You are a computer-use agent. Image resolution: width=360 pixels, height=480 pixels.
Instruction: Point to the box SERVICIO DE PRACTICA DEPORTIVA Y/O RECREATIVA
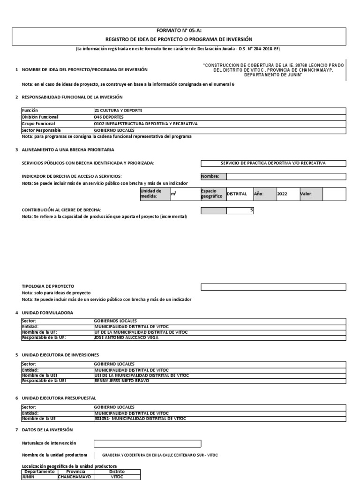click(x=273, y=163)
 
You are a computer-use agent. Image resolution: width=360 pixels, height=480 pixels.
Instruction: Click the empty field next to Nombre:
click(x=286, y=176)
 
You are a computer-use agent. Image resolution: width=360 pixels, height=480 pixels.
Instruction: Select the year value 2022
click(x=282, y=194)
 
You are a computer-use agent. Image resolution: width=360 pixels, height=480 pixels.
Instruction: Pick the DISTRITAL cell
click(x=237, y=194)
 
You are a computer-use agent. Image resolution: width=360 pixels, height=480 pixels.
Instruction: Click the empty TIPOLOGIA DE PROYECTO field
click(x=273, y=287)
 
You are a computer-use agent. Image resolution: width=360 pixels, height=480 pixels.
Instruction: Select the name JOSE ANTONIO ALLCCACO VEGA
click(x=126, y=337)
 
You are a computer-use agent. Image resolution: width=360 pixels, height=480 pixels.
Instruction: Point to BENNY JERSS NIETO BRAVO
click(x=121, y=381)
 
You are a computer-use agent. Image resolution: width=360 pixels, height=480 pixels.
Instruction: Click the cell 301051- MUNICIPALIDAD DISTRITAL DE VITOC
click(x=133, y=418)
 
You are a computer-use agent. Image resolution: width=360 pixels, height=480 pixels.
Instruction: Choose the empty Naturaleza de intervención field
click(x=147, y=443)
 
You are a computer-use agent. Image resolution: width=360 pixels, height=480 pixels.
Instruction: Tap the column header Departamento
click(x=39, y=472)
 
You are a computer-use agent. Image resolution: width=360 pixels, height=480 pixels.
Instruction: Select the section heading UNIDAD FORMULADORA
click(x=48, y=312)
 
